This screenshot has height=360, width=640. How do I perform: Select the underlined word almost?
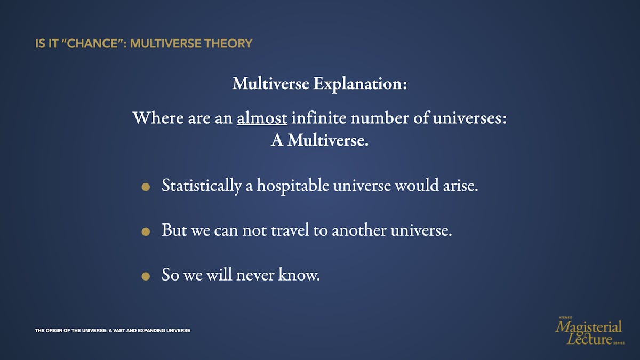tap(262, 118)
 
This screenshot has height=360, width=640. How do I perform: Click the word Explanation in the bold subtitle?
tap(360, 84)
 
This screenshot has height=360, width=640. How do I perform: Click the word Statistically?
tap(202, 186)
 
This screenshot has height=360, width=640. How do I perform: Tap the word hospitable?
tap(293, 186)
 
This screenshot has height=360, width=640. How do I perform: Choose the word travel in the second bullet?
tap(290, 230)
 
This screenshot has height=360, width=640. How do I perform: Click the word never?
tap(255, 275)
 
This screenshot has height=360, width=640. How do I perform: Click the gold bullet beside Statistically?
tap(146, 187)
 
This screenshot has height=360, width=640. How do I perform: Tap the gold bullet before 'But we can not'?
tap(146, 231)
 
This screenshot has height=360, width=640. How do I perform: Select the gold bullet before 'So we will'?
tap(146, 276)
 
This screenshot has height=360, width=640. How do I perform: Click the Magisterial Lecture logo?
tap(589, 331)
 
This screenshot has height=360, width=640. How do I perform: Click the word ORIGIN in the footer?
tap(54, 331)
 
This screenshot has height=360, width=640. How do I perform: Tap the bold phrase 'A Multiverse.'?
tap(319, 140)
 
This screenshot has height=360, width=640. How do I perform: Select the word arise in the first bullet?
tap(461, 186)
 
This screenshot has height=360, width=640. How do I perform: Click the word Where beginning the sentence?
tap(158, 117)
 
